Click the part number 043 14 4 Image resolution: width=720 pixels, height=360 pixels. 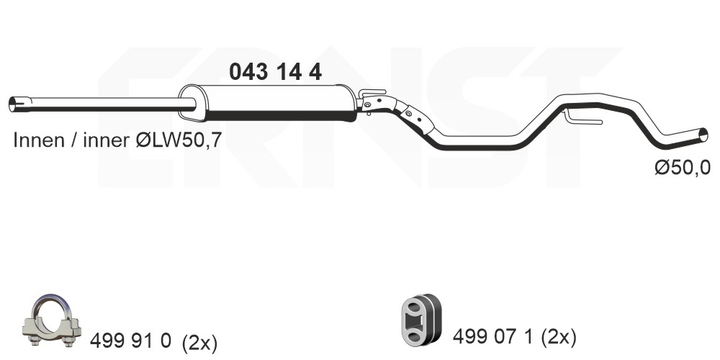point(276,72)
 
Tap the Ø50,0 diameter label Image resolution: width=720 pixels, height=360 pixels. point(683,167)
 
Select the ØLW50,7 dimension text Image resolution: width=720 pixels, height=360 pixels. point(179,140)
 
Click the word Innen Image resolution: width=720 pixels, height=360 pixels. point(39,140)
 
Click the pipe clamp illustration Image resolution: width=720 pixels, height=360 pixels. point(51,320)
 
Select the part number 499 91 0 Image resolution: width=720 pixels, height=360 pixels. point(130,341)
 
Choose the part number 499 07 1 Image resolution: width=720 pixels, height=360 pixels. point(492,337)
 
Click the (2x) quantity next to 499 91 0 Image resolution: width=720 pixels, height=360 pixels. point(199,342)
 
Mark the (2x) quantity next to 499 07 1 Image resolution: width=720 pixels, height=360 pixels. point(559,338)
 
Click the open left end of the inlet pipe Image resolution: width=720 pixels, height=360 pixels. point(14,104)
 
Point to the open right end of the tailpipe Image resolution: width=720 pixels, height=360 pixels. point(703,135)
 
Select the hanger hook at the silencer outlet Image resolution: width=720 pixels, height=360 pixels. point(372,93)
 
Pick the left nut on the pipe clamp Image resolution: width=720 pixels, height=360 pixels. point(34,341)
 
